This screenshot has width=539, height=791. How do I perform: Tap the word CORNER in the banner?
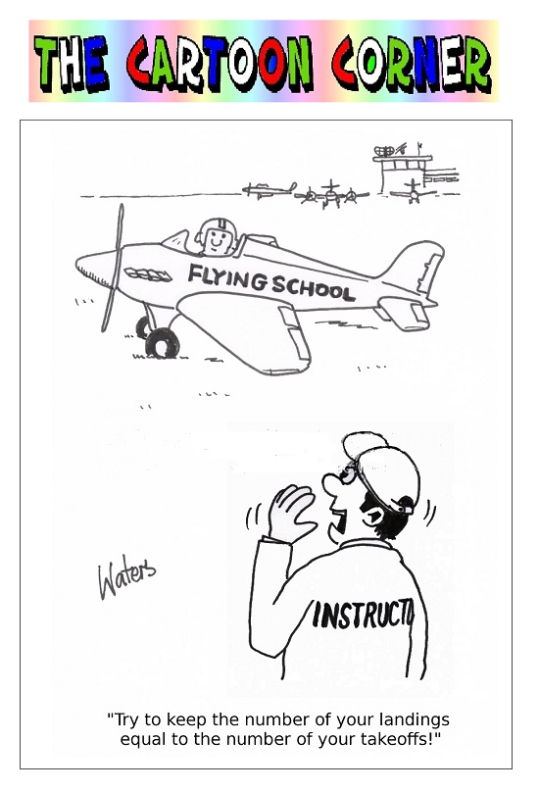(x=412, y=63)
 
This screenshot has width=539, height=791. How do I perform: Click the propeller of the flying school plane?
(x=113, y=268)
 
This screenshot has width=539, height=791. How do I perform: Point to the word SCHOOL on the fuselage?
(x=313, y=288)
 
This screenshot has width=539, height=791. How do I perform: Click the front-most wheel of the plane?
(x=162, y=343)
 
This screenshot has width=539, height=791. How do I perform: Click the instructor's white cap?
(x=384, y=469)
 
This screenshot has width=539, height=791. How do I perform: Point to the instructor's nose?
(x=331, y=484)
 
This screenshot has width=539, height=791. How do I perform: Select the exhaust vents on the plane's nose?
(x=148, y=274)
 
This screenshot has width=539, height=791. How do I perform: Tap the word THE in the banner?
(x=71, y=63)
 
